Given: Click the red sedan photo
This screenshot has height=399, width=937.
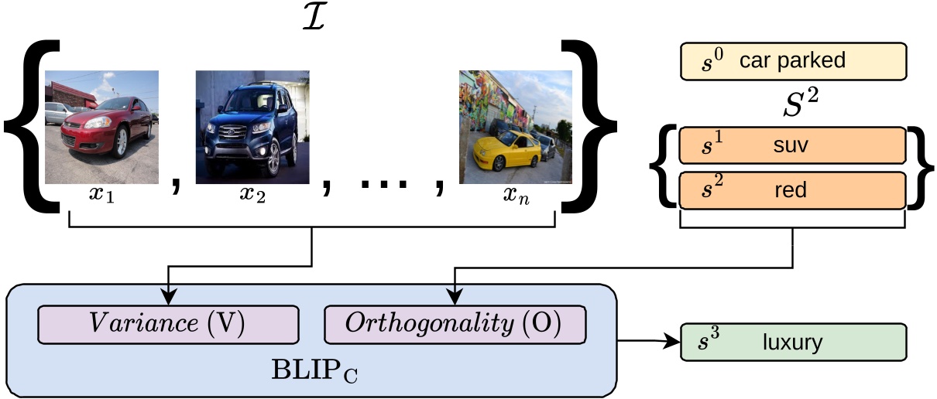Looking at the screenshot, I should point(102,128).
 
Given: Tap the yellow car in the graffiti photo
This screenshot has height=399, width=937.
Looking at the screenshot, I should point(502,151).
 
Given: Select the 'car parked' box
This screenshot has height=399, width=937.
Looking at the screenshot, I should point(792,61).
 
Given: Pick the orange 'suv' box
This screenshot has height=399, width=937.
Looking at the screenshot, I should point(792,146).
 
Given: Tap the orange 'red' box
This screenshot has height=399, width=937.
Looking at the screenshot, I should point(792,190).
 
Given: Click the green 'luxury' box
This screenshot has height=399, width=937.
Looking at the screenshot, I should point(792,342).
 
